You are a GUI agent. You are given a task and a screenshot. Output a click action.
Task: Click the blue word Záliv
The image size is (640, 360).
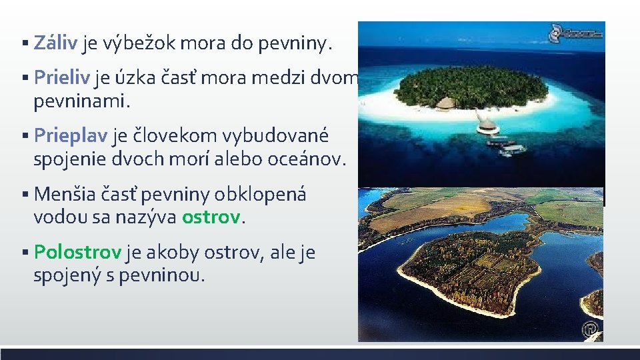[57, 44]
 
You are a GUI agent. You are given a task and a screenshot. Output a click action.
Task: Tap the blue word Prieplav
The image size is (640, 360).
[70, 135]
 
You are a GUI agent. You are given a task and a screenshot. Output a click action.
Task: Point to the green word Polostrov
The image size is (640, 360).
[77, 253]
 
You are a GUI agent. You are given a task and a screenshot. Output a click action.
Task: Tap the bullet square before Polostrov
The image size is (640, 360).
[24, 253]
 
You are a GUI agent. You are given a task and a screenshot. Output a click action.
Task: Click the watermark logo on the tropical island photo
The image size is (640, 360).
[575, 31]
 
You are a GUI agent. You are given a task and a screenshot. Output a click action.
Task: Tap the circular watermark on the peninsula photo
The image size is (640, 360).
[590, 329]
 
